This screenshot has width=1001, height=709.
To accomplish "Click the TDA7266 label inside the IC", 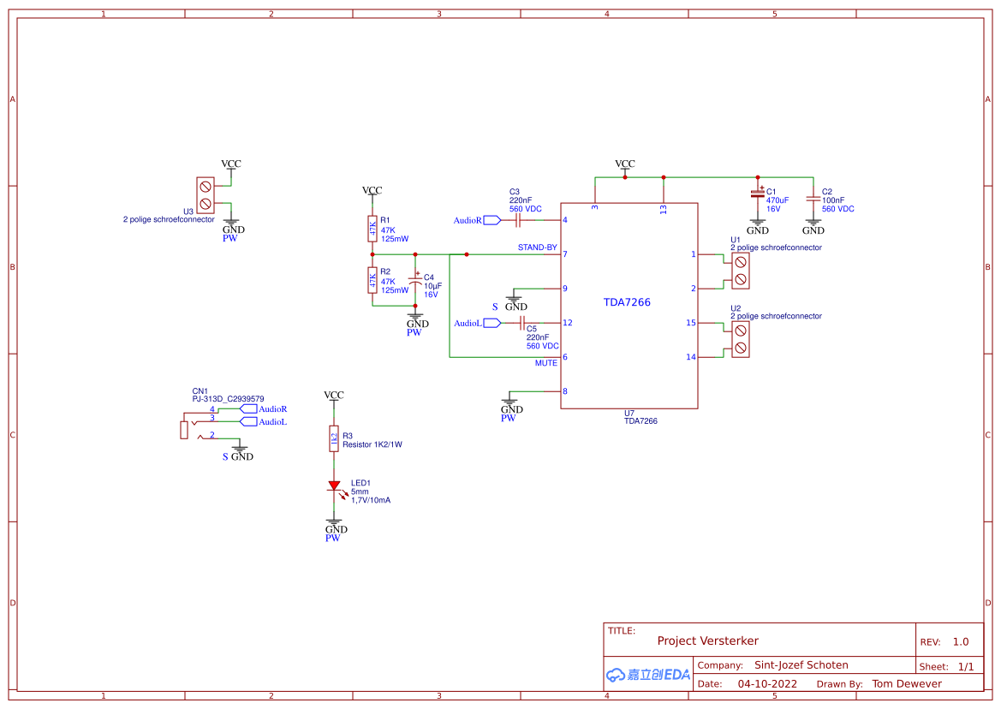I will (x=627, y=302).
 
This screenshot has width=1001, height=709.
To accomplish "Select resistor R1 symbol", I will (x=372, y=229).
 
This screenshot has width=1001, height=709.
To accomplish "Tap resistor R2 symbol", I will (x=372, y=279).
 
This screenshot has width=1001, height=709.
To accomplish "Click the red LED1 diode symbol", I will (x=334, y=486).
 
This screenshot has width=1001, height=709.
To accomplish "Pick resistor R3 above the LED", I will (x=334, y=438).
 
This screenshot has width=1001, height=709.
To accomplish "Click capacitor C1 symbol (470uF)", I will (x=757, y=194).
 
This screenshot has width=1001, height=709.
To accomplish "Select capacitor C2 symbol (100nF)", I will (x=813, y=196).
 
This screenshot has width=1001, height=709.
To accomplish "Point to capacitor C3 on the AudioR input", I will (x=518, y=220).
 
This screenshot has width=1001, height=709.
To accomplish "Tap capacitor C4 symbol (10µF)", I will (x=416, y=281).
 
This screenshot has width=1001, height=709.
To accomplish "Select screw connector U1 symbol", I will (x=740, y=271).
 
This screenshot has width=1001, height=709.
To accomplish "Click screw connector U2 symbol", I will (x=740, y=339).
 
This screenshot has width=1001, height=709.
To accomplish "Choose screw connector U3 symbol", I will (x=206, y=194).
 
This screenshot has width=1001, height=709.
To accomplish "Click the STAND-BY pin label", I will (x=537, y=247).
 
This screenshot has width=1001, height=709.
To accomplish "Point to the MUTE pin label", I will (x=545, y=363).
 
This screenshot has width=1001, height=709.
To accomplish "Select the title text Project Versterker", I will (x=707, y=640).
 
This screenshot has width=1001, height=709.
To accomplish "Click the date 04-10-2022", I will (x=767, y=683).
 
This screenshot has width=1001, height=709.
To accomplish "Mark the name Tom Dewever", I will (x=907, y=683).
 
